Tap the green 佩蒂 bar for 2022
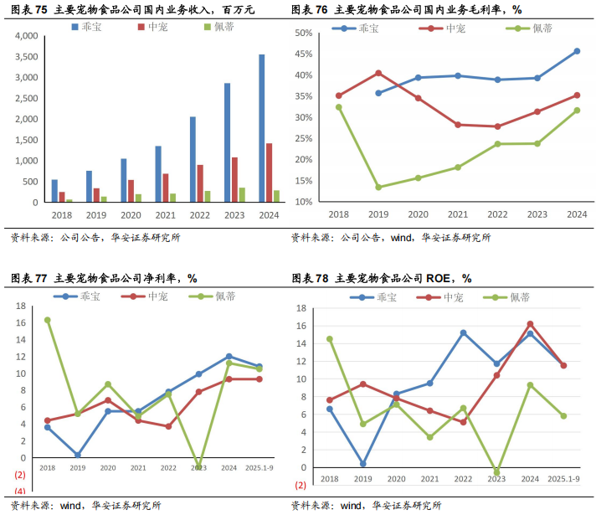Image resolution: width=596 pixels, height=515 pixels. pyautogui.click(x=208, y=197)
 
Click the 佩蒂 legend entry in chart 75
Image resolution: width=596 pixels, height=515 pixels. pyautogui.click(x=221, y=27)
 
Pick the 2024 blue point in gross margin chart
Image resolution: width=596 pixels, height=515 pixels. pyautogui.click(x=577, y=51)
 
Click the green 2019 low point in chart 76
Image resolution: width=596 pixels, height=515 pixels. pyautogui.click(x=378, y=187)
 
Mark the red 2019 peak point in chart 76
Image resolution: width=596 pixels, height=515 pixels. pyautogui.click(x=378, y=73)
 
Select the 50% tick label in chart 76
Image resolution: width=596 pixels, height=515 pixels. pyautogui.click(x=303, y=33)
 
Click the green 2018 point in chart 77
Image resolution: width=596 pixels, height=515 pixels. pyautogui.click(x=47, y=320)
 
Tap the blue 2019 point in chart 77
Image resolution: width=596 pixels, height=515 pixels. pyautogui.click(x=77, y=456)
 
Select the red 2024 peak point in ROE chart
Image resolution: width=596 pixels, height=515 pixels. pyautogui.click(x=530, y=324)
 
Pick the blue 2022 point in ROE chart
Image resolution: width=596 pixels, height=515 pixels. pyautogui.click(x=463, y=332)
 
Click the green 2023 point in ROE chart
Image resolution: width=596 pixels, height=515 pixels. pyautogui.click(x=496, y=472)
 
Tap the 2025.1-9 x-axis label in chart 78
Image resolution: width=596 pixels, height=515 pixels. pyautogui.click(x=563, y=478)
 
